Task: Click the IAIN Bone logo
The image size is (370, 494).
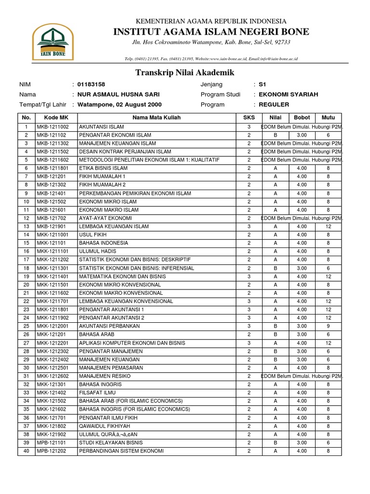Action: point(53,40)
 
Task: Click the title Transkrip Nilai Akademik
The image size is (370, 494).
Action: point(185,72)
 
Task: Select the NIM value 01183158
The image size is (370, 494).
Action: point(91,84)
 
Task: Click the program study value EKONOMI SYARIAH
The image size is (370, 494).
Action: point(288,94)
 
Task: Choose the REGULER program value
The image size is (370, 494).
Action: point(274,104)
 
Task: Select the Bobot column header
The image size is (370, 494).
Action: point(302,118)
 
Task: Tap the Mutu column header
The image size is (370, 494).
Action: point(328,118)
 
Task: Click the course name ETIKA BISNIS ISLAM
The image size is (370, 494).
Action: point(103,168)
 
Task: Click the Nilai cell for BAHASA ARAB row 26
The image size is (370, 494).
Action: point(275,334)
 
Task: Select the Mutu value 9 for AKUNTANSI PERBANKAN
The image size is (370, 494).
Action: point(328,326)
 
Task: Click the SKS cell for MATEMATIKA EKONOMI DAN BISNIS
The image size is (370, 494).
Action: point(249,276)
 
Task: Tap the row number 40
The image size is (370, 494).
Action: point(26,451)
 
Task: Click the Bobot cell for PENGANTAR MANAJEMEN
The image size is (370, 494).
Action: point(302,351)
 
